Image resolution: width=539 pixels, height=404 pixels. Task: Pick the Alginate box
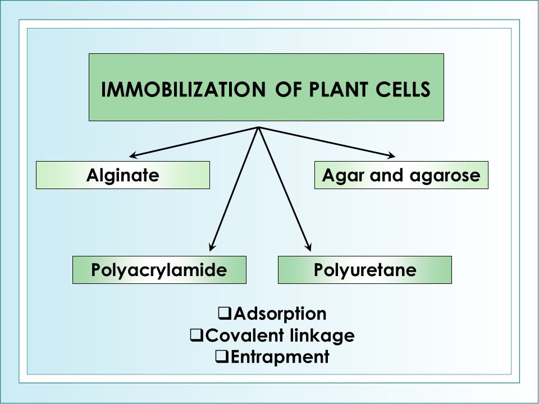pyautogui.click(x=122, y=175)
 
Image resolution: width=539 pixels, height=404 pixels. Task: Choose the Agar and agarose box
pyautogui.click(x=401, y=175)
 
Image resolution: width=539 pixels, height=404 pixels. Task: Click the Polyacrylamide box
pyautogui.click(x=159, y=270)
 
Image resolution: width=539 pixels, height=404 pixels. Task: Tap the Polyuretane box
pyautogui.click(x=365, y=270)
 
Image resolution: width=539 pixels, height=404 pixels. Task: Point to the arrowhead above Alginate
pyautogui.click(x=134, y=156)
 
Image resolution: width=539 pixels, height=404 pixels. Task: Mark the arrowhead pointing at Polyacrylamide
pyautogui.click(x=212, y=245)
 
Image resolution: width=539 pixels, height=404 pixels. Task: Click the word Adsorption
pyautogui.click(x=280, y=313)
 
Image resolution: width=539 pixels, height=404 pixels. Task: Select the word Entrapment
pyautogui.click(x=279, y=356)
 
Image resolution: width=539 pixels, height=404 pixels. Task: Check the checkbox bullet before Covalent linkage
pyautogui.click(x=197, y=335)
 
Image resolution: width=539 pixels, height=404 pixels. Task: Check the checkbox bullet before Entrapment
pyautogui.click(x=221, y=356)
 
